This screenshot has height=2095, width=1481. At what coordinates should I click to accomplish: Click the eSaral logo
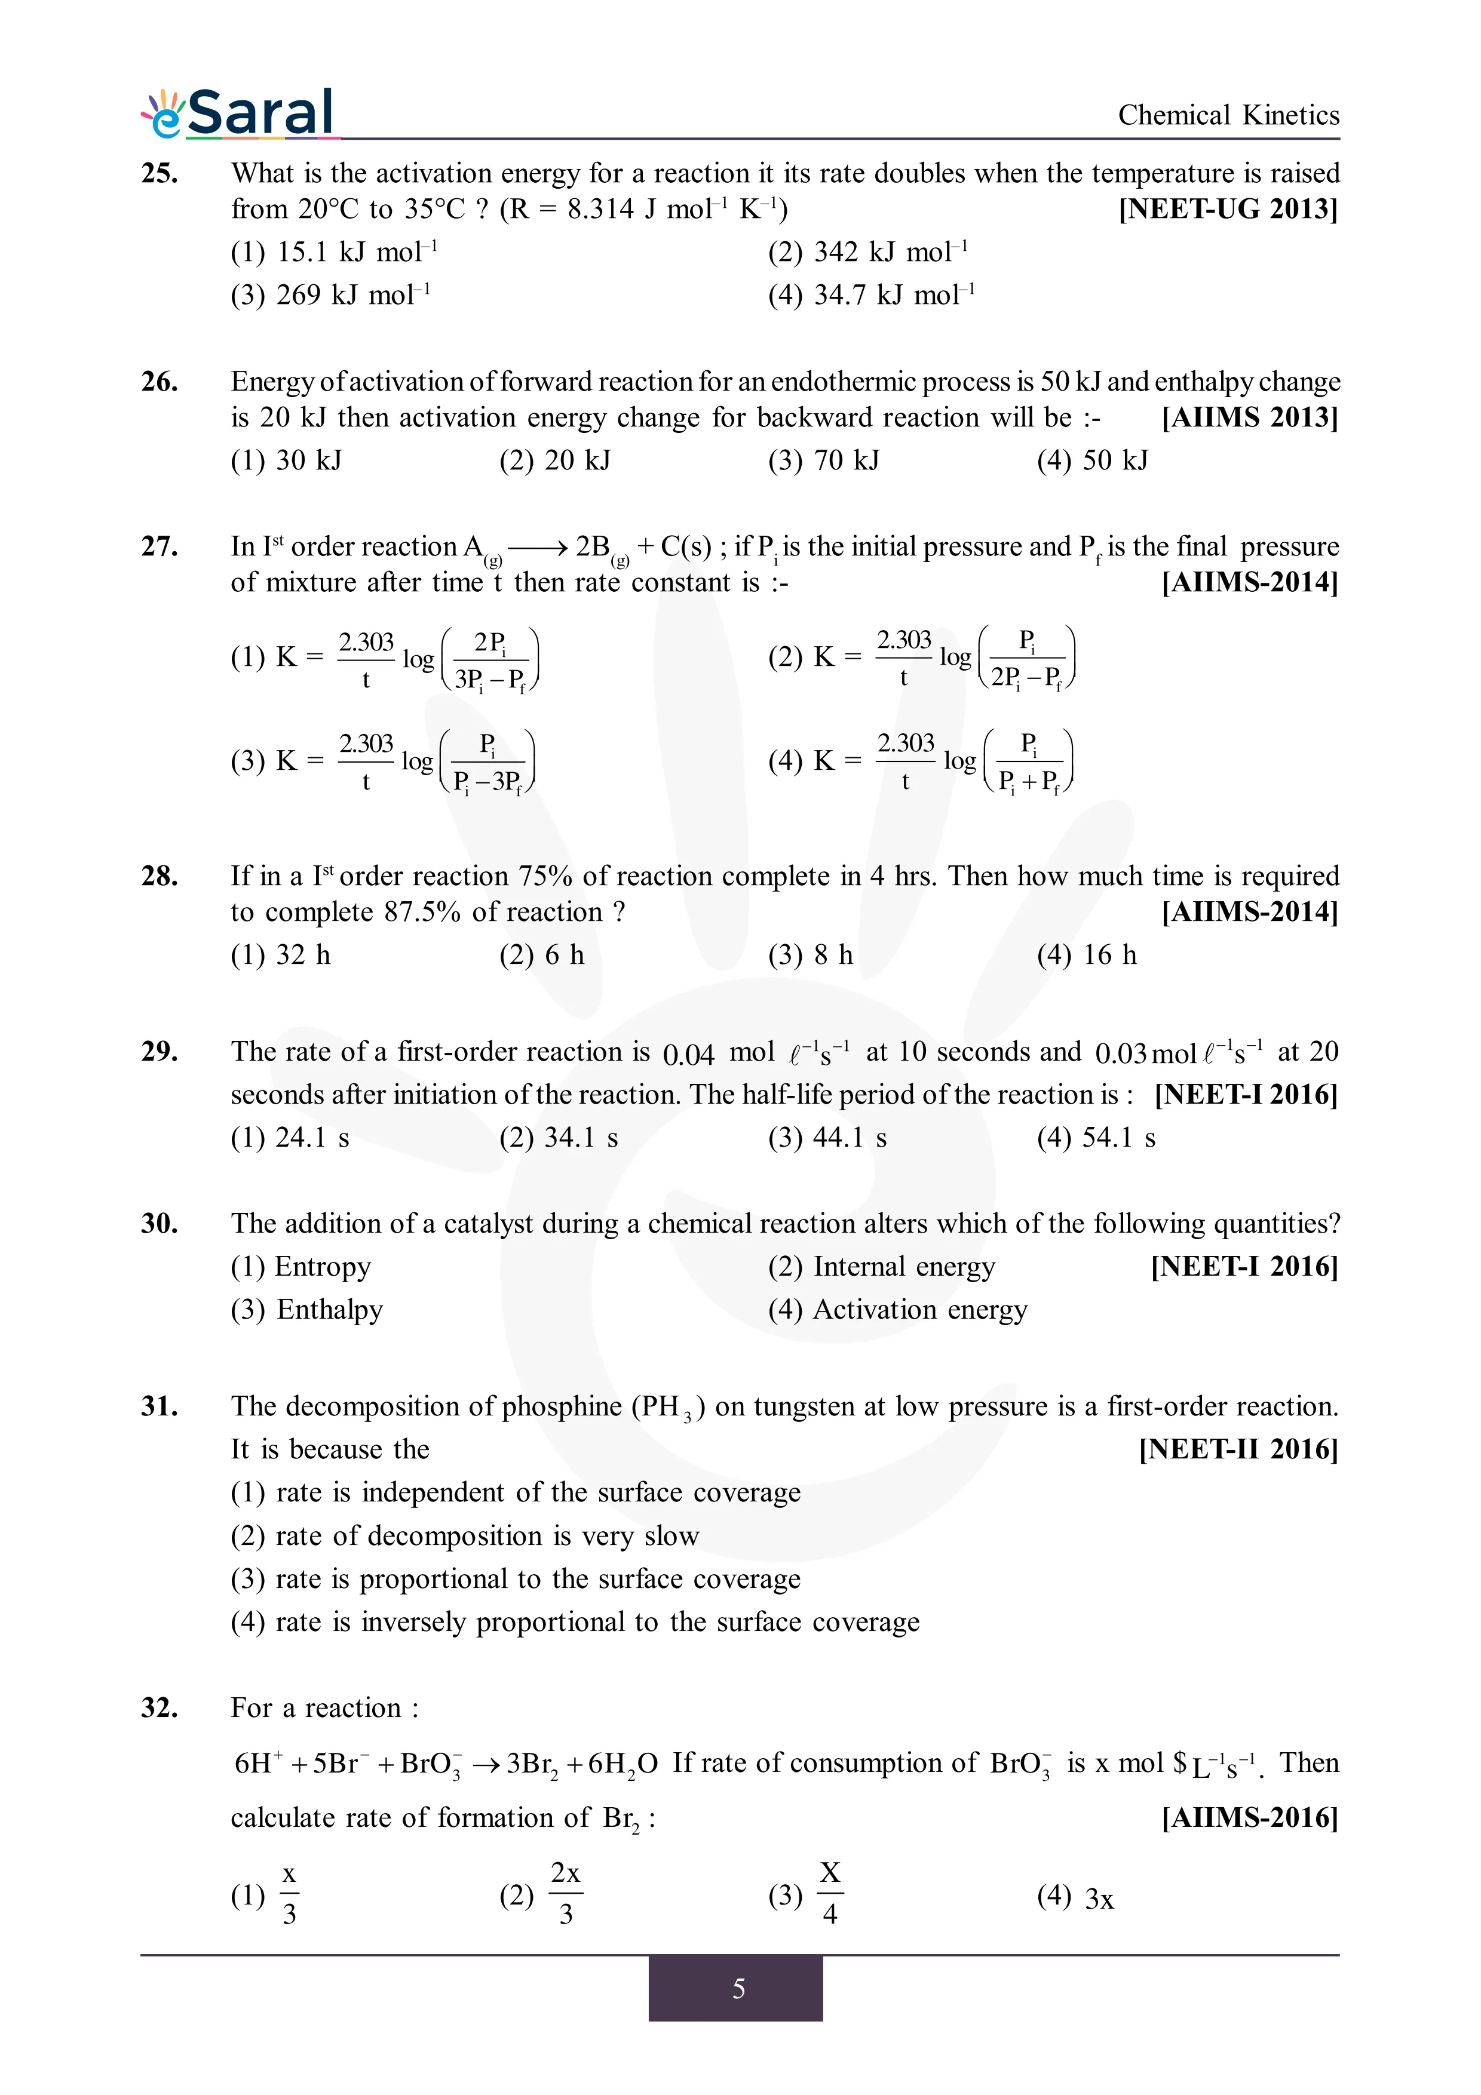238,114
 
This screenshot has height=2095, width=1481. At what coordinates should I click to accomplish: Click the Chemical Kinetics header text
1228,115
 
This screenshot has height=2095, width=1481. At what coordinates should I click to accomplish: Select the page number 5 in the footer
738,1988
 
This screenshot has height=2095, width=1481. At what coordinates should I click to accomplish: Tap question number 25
159,173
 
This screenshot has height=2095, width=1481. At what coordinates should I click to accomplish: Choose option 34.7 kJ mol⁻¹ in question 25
872,295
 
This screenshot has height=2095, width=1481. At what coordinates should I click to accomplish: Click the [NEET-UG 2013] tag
1228,209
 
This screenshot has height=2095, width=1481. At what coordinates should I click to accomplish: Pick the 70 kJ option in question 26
824,460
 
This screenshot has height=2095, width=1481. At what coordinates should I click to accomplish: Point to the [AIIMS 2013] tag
1249,417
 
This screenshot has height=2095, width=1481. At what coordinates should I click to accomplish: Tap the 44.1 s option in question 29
827,1137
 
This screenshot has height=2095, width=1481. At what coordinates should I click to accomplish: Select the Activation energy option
898,1309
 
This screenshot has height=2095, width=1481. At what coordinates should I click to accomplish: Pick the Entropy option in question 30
301,1267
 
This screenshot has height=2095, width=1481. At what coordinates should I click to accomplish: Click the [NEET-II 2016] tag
1238,1449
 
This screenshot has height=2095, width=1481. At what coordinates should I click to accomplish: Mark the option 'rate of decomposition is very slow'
465,1535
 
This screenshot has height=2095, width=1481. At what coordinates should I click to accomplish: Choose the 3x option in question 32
1076,1898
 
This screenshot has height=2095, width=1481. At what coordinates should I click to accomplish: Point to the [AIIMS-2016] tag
1249,1818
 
